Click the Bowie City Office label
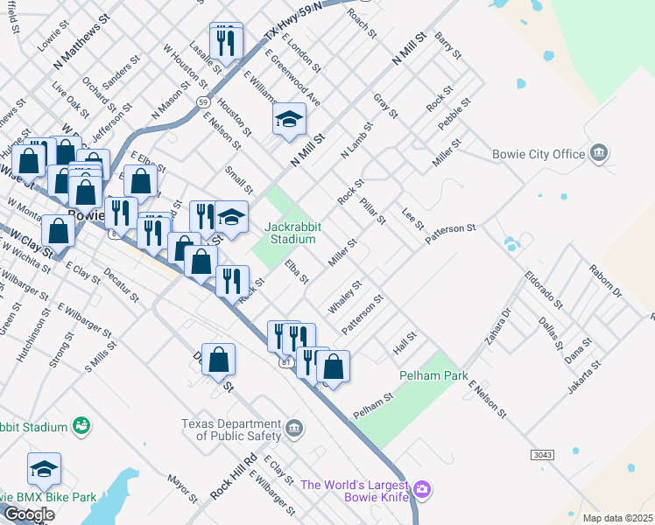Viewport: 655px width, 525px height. (539, 155)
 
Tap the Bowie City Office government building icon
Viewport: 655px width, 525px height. (599, 153)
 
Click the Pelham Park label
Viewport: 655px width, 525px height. (429, 375)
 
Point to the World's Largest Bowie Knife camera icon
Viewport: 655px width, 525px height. (422, 488)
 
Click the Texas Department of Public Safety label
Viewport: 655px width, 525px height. (232, 429)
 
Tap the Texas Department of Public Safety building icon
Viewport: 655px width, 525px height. (295, 429)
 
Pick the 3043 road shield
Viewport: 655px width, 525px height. (543, 455)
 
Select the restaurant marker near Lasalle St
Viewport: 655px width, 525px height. (226, 40)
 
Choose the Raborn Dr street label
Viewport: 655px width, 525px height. (606, 282)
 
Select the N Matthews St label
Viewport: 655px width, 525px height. (82, 40)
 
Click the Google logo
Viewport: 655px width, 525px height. (28, 514)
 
